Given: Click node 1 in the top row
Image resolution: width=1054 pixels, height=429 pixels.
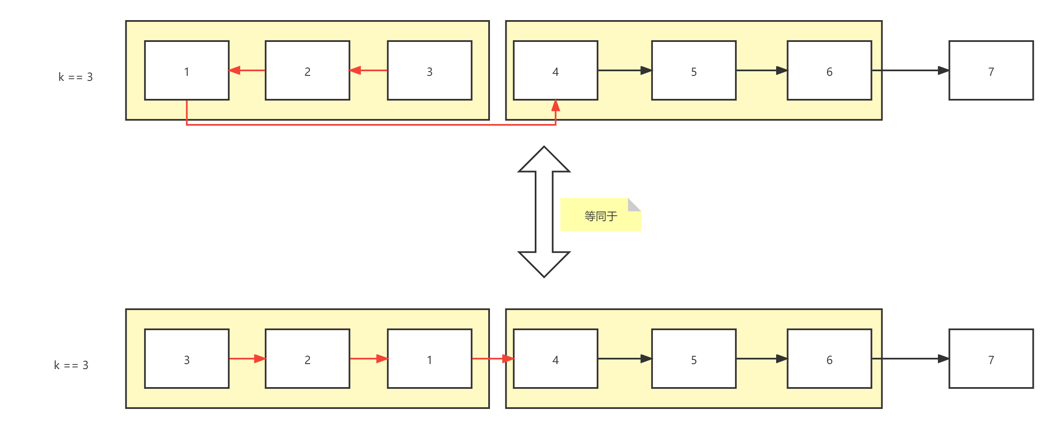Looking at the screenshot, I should pos(186,70).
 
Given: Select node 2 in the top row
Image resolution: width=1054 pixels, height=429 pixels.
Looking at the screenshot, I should pos(307,70).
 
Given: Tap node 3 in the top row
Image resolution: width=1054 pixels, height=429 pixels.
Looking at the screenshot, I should pos(429,70).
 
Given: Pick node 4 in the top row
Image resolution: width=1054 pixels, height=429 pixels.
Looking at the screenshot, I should pos(555,70).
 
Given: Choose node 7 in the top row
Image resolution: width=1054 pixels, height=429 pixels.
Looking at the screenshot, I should pos(991,70).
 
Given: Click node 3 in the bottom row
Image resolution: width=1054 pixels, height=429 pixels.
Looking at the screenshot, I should pos(186,359).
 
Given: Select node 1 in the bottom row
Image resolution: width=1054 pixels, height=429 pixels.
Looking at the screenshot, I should pos(429,359).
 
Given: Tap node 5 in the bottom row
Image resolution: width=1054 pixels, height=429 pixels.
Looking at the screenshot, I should pos(694,359).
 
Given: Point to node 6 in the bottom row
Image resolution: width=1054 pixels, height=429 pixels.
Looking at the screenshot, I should pos(829,359).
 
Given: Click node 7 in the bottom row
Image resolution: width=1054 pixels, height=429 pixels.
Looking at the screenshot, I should pos(991,359).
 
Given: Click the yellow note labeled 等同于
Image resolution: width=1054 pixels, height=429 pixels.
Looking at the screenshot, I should pos(600,215).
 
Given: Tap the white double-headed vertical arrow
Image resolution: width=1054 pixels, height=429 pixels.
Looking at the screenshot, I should pos(544,212).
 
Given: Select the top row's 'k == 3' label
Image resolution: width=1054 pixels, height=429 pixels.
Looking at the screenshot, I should pos(75,77).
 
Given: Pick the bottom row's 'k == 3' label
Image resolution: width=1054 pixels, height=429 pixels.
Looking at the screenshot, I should pos(71,365).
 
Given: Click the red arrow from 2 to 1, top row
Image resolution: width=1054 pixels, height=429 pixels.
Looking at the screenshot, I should pos(247,70).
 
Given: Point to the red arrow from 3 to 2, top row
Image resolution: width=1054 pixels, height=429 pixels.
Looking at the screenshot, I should pos(368,70).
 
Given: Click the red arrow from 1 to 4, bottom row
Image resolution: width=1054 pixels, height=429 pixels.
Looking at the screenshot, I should pos(493,359).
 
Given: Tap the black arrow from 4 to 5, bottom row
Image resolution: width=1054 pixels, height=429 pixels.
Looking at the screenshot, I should pos(624,359).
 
